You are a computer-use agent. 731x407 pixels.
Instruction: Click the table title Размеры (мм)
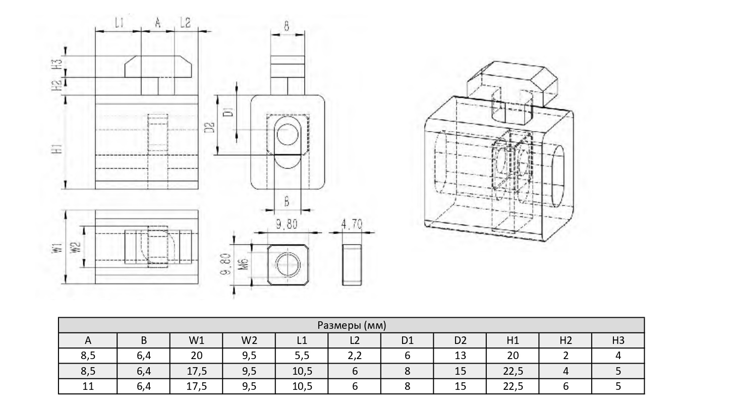coord(351,325)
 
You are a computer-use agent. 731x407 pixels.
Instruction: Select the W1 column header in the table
coord(196,340)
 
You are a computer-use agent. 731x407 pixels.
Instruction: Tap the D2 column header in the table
coord(460,340)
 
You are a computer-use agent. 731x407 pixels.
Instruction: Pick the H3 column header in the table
coord(618,340)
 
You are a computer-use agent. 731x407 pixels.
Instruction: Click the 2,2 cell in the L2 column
coord(354,356)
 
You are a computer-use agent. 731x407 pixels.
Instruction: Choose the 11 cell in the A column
coord(88,386)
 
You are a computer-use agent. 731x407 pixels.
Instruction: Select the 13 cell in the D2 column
coord(460,356)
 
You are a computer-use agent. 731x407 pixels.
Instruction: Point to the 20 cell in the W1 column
coord(196,356)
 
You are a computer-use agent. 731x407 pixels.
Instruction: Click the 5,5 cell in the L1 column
coord(302,356)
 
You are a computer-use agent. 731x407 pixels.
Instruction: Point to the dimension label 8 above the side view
coord(287,26)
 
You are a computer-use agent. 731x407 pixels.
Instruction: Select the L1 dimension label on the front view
coord(119,23)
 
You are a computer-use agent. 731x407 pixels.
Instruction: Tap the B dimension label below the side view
coord(286,202)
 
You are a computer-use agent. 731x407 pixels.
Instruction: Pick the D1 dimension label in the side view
coord(228,111)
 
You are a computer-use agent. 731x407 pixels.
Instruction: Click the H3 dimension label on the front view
coord(59,64)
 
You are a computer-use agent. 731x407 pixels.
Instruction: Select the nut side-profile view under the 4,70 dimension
coord(352,265)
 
